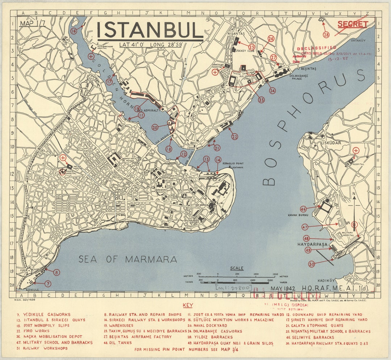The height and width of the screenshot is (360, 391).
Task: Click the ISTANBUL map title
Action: click(150, 30)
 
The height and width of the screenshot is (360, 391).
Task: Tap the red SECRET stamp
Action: click(353, 24)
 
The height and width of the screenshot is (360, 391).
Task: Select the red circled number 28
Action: click(326, 35)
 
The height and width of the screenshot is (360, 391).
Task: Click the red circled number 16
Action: click(74, 31)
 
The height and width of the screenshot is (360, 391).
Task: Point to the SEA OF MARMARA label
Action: click(128, 259)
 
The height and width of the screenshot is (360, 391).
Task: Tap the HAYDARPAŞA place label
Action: click(312, 245)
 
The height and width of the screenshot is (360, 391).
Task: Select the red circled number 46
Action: click(303, 209)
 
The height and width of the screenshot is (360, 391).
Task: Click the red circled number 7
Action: click(48, 284)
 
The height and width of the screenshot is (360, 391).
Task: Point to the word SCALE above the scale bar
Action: click(237, 268)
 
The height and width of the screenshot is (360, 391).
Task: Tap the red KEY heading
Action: click(188, 305)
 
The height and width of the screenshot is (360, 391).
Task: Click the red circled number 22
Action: click(235, 136)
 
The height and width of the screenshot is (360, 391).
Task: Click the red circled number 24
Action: click(272, 90)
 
